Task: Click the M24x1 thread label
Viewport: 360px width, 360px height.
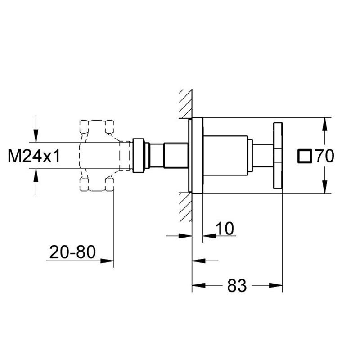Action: pyautogui.click(x=34, y=156)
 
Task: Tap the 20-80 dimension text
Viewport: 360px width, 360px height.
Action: pyautogui.click(x=72, y=252)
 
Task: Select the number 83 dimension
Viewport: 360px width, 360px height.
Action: pyautogui.click(x=237, y=286)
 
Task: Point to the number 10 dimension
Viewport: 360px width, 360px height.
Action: pyautogui.click(x=225, y=229)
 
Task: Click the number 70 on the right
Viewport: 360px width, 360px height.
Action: pyautogui.click(x=325, y=156)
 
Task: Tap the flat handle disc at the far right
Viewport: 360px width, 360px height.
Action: pyautogui.click(x=278, y=156)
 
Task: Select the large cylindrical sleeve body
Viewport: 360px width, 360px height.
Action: pyautogui.click(x=226, y=156)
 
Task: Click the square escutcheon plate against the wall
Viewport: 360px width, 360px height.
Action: pyautogui.click(x=197, y=156)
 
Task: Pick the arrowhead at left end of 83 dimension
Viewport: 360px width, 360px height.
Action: pyautogui.click(x=198, y=285)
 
